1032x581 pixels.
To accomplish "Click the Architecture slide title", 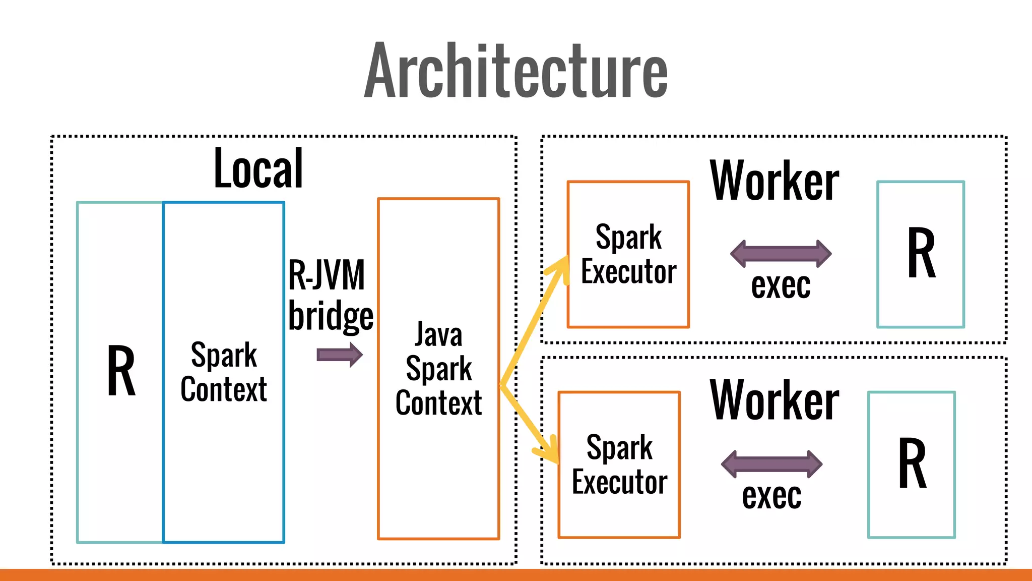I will click(x=516, y=71).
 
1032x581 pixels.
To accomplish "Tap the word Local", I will click(x=259, y=169).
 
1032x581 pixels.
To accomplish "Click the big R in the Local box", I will click(x=121, y=371).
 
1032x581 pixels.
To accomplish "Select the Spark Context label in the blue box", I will click(x=224, y=372).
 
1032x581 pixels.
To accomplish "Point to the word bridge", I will click(x=331, y=316).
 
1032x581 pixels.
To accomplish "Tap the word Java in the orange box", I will click(x=438, y=335).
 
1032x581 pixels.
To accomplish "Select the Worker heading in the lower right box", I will click(x=775, y=400).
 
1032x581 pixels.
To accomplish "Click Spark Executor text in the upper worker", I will click(x=628, y=255).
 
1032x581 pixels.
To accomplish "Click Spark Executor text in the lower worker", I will click(x=619, y=465).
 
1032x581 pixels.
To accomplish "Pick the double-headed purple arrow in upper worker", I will click(x=781, y=254).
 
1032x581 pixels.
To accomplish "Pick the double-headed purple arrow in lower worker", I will click(x=771, y=464).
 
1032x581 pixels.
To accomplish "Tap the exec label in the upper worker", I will click(x=781, y=285).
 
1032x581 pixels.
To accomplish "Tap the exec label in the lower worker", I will click(x=771, y=496).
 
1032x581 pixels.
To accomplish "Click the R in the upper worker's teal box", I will click(x=921, y=254).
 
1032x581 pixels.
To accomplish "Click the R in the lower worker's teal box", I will click(x=912, y=464).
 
